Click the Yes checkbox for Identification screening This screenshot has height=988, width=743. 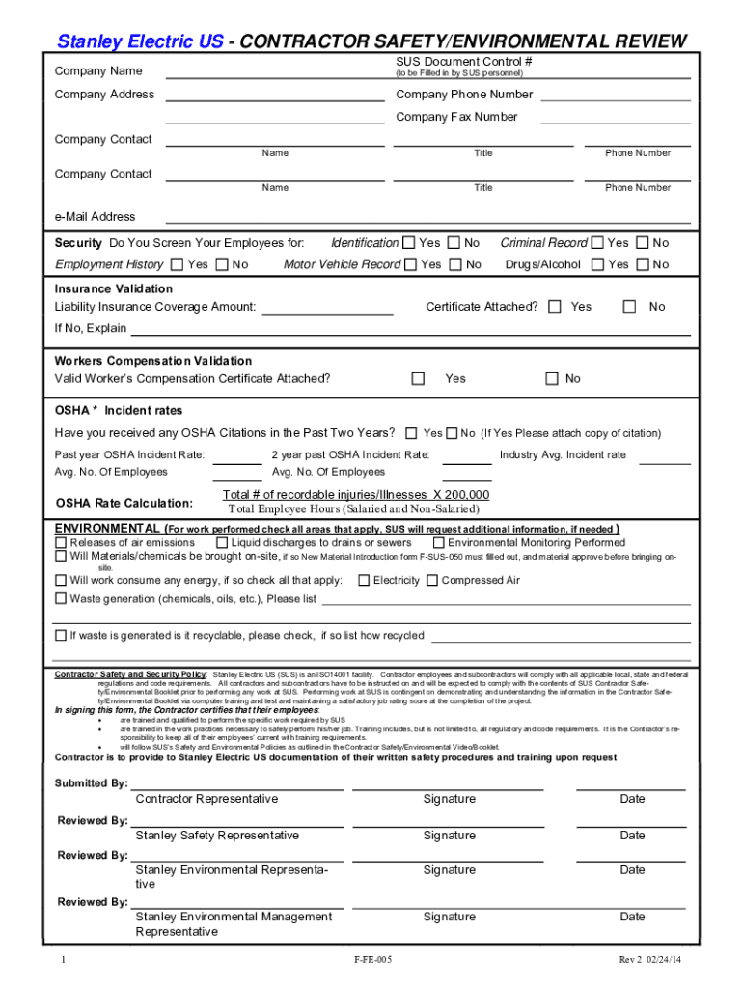pos(409,243)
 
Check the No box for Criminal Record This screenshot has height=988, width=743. pos(644,243)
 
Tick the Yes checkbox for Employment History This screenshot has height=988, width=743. pos(177,264)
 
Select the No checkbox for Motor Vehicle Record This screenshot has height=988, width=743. pos(454,264)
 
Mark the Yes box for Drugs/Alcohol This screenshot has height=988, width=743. pos(598,264)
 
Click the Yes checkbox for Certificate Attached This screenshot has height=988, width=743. pos(555,307)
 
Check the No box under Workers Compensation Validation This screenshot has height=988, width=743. pos(552,379)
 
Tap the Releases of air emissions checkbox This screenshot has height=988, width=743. pos(61,543)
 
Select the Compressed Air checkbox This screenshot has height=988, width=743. pos(432,581)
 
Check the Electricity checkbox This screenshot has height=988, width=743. pos(364,581)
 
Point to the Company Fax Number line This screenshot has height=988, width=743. pos(615,122)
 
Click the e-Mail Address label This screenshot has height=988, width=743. pos(95,217)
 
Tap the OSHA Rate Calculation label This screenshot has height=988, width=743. pos(124,503)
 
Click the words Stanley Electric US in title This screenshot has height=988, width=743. pos(141,41)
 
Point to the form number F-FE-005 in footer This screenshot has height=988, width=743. pos(372,960)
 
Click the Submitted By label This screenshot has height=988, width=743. pos(91,783)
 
